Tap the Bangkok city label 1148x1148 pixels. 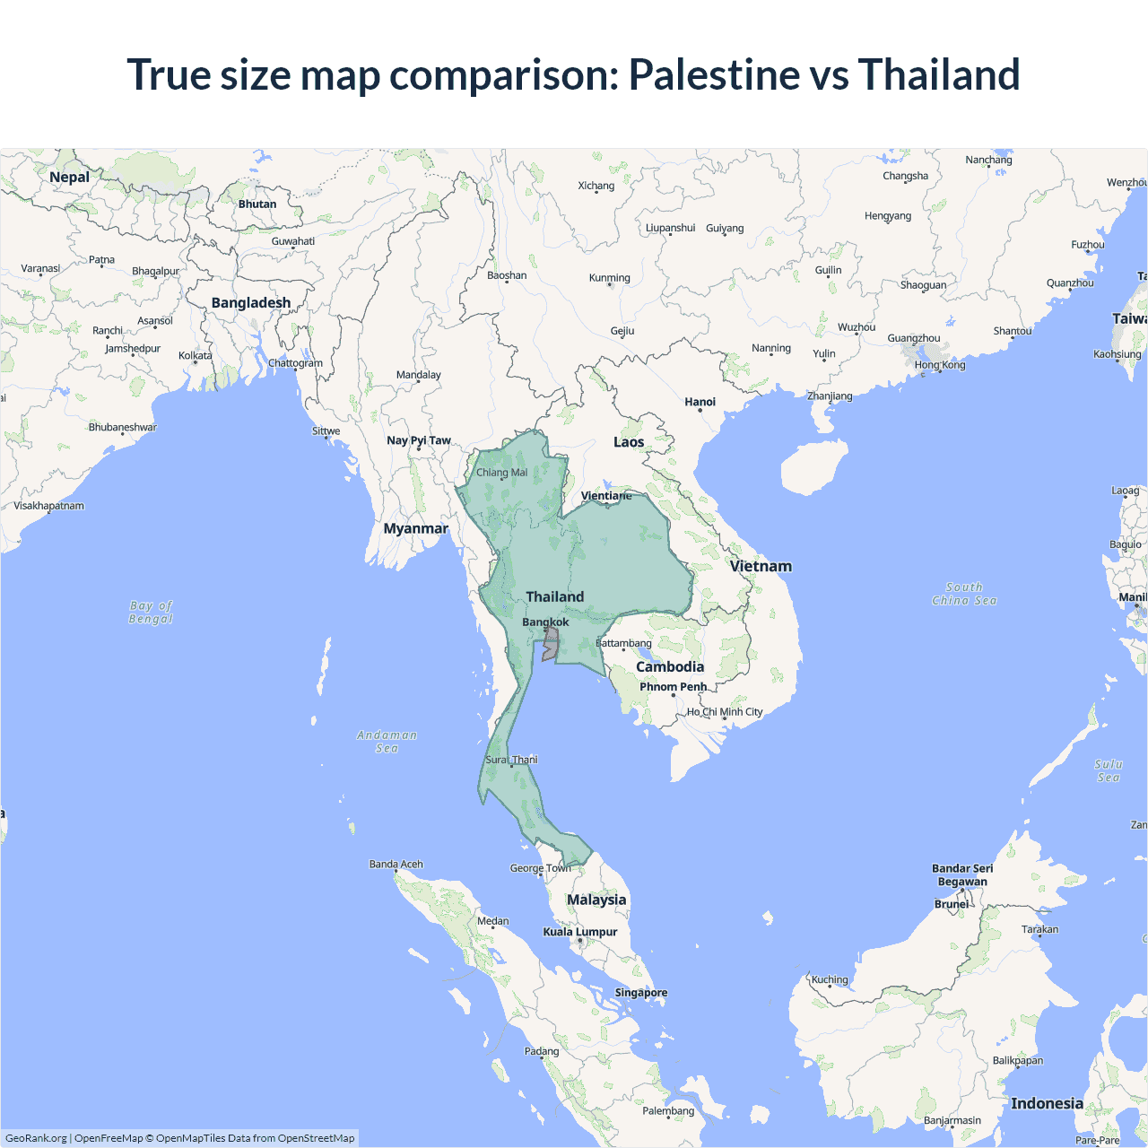[x=545, y=622]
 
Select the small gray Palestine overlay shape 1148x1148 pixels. [x=550, y=644]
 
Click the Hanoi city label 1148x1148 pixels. [x=700, y=402]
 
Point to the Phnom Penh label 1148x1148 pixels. [x=673, y=686]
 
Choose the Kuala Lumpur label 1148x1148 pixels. [x=579, y=932]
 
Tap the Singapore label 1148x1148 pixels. [x=640, y=993]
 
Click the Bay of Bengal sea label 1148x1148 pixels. [x=151, y=612]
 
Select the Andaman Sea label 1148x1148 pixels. [x=387, y=741]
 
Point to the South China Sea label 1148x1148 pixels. [x=964, y=594]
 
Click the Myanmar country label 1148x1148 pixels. [x=415, y=528]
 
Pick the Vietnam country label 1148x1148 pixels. [x=761, y=566]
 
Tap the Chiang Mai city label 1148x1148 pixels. [x=501, y=473]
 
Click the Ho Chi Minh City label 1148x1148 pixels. [x=725, y=711]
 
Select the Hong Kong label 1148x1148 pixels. [x=940, y=365]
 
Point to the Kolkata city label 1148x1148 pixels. [x=195, y=355]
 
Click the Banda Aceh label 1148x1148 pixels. [x=396, y=864]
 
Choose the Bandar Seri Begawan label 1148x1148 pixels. [x=962, y=874]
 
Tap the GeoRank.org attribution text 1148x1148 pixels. [x=36, y=1138]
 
